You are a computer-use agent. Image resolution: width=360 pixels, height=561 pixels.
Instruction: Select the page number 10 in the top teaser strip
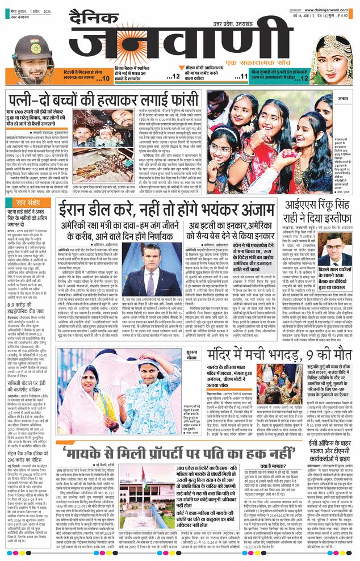pos(103,77)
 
